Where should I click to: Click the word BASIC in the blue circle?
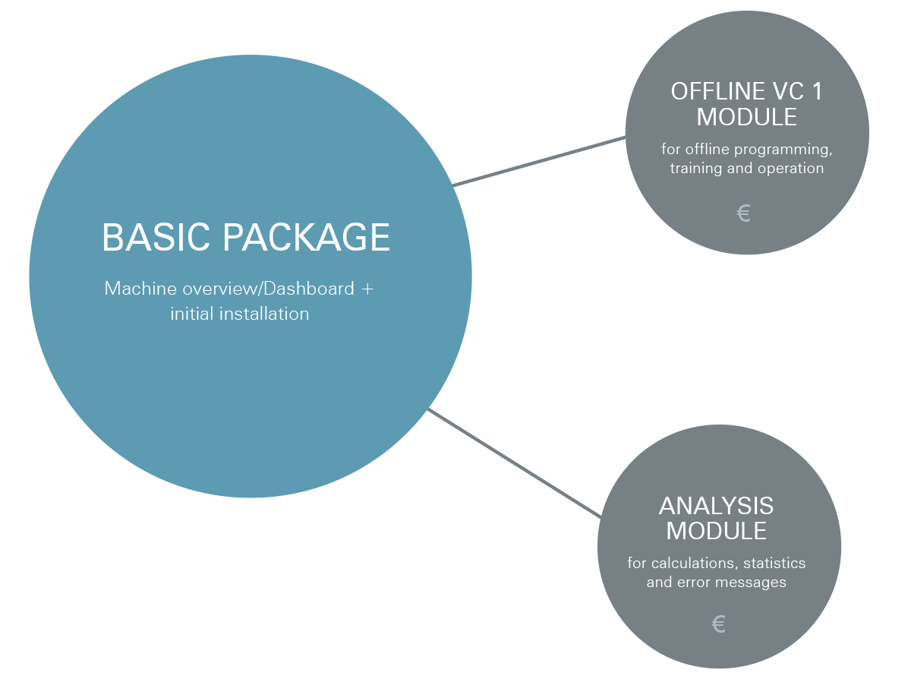click(156, 237)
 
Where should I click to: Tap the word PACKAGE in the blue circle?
click(306, 237)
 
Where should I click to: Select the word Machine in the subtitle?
click(140, 289)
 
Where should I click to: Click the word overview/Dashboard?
click(268, 289)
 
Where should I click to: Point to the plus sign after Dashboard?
click(367, 289)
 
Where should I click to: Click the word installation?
click(264, 314)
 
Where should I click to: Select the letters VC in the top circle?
click(788, 91)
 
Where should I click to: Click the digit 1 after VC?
click(817, 91)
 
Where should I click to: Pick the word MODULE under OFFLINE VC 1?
click(746, 117)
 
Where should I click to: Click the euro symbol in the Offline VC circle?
click(743, 213)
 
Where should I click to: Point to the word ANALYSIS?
click(717, 506)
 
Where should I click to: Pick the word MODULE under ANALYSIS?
click(717, 531)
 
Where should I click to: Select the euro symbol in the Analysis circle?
click(718, 624)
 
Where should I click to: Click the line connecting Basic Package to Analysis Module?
click(515, 463)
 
